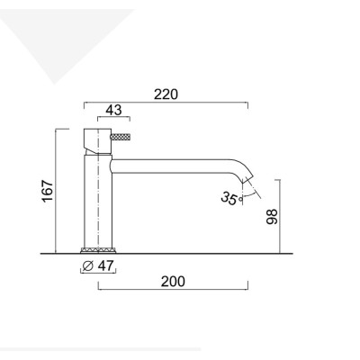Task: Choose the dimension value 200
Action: point(173,281)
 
